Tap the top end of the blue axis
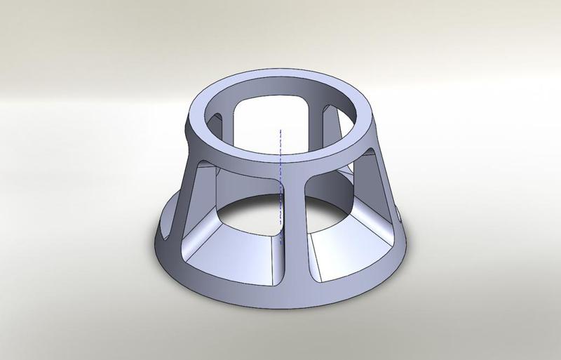(280, 129)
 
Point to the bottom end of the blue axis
(280, 242)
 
